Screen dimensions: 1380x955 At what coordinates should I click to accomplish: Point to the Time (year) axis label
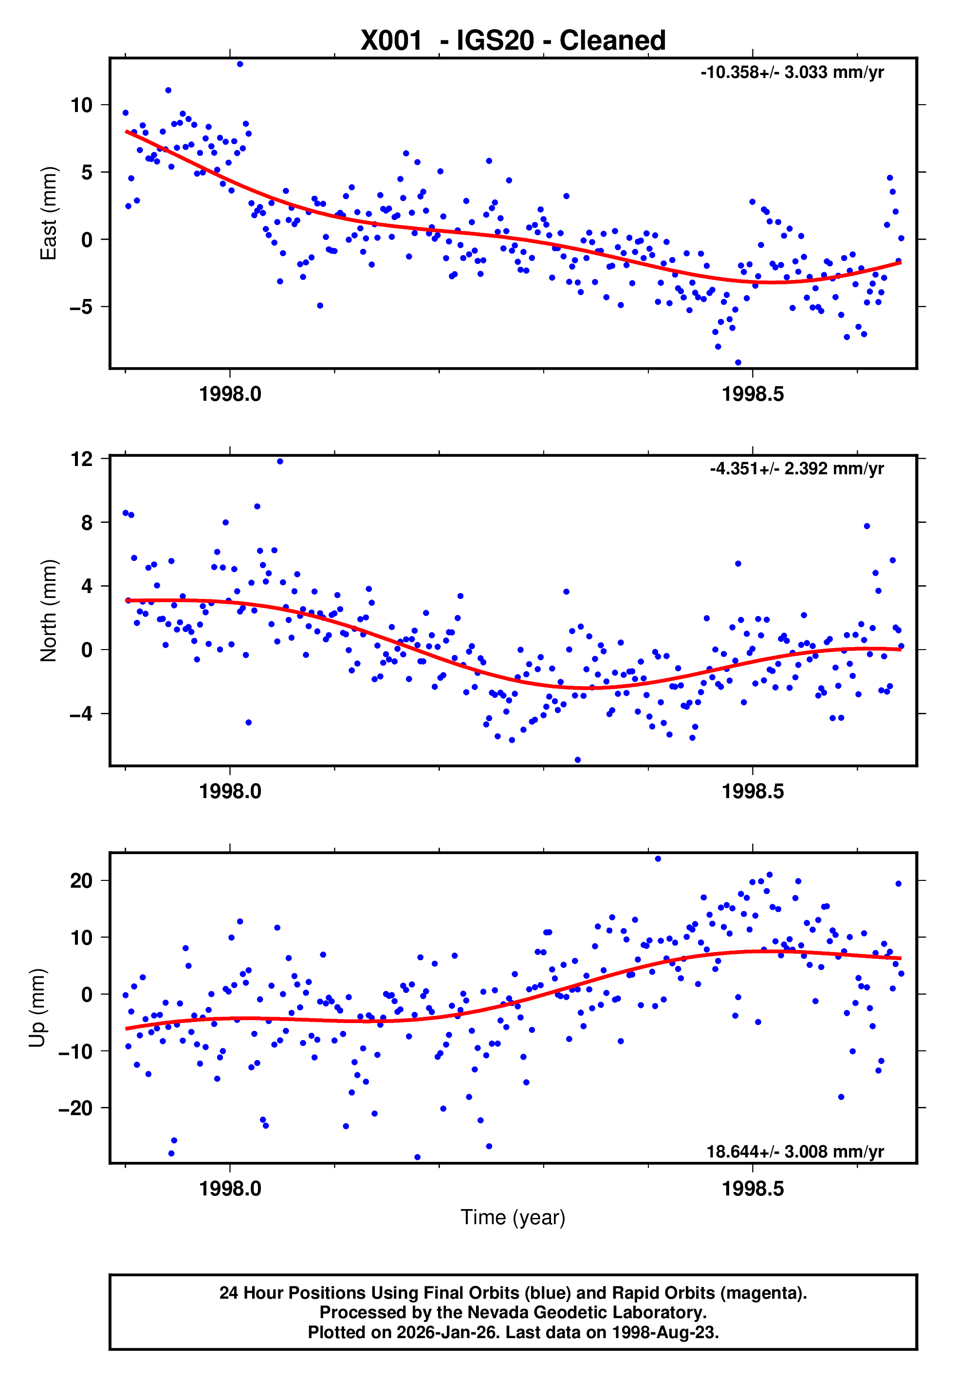click(x=513, y=1218)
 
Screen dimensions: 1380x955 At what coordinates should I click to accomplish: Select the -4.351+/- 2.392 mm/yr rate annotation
click(x=796, y=468)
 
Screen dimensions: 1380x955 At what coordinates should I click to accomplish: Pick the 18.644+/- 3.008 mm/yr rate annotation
click(x=795, y=1152)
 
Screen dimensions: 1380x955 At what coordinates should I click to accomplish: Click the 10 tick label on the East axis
click(x=81, y=105)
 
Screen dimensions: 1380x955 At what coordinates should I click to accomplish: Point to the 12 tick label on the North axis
click(x=81, y=459)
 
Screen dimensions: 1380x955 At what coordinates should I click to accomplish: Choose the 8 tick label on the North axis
click(x=87, y=522)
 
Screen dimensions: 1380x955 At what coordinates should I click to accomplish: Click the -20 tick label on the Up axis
click(x=75, y=1108)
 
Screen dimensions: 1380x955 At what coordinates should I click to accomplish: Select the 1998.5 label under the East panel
click(x=752, y=394)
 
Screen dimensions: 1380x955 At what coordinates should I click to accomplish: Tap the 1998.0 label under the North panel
click(x=230, y=792)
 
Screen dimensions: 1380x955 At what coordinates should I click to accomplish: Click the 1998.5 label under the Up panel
click(x=752, y=1189)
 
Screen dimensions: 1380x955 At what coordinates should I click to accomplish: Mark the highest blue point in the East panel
click(x=240, y=64)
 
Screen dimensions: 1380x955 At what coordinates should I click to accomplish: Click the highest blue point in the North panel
click(x=280, y=462)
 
